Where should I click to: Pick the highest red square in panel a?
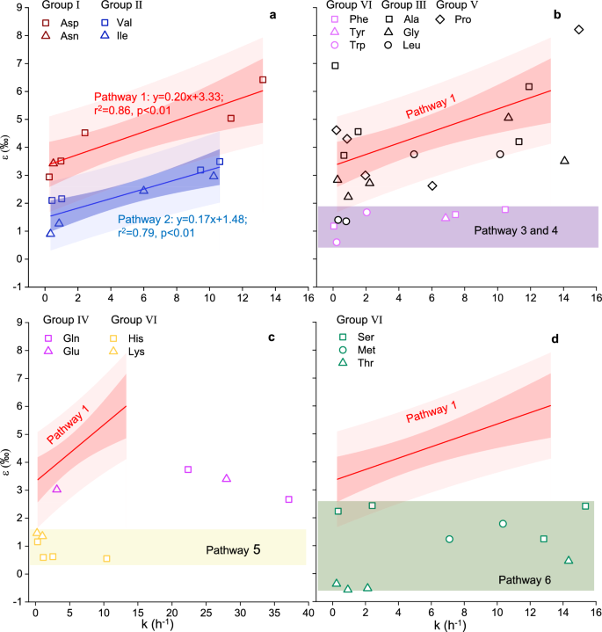click(263, 80)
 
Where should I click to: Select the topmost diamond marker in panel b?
click(579, 29)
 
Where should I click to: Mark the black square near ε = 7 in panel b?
click(335, 66)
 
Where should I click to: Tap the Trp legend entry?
click(352, 49)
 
